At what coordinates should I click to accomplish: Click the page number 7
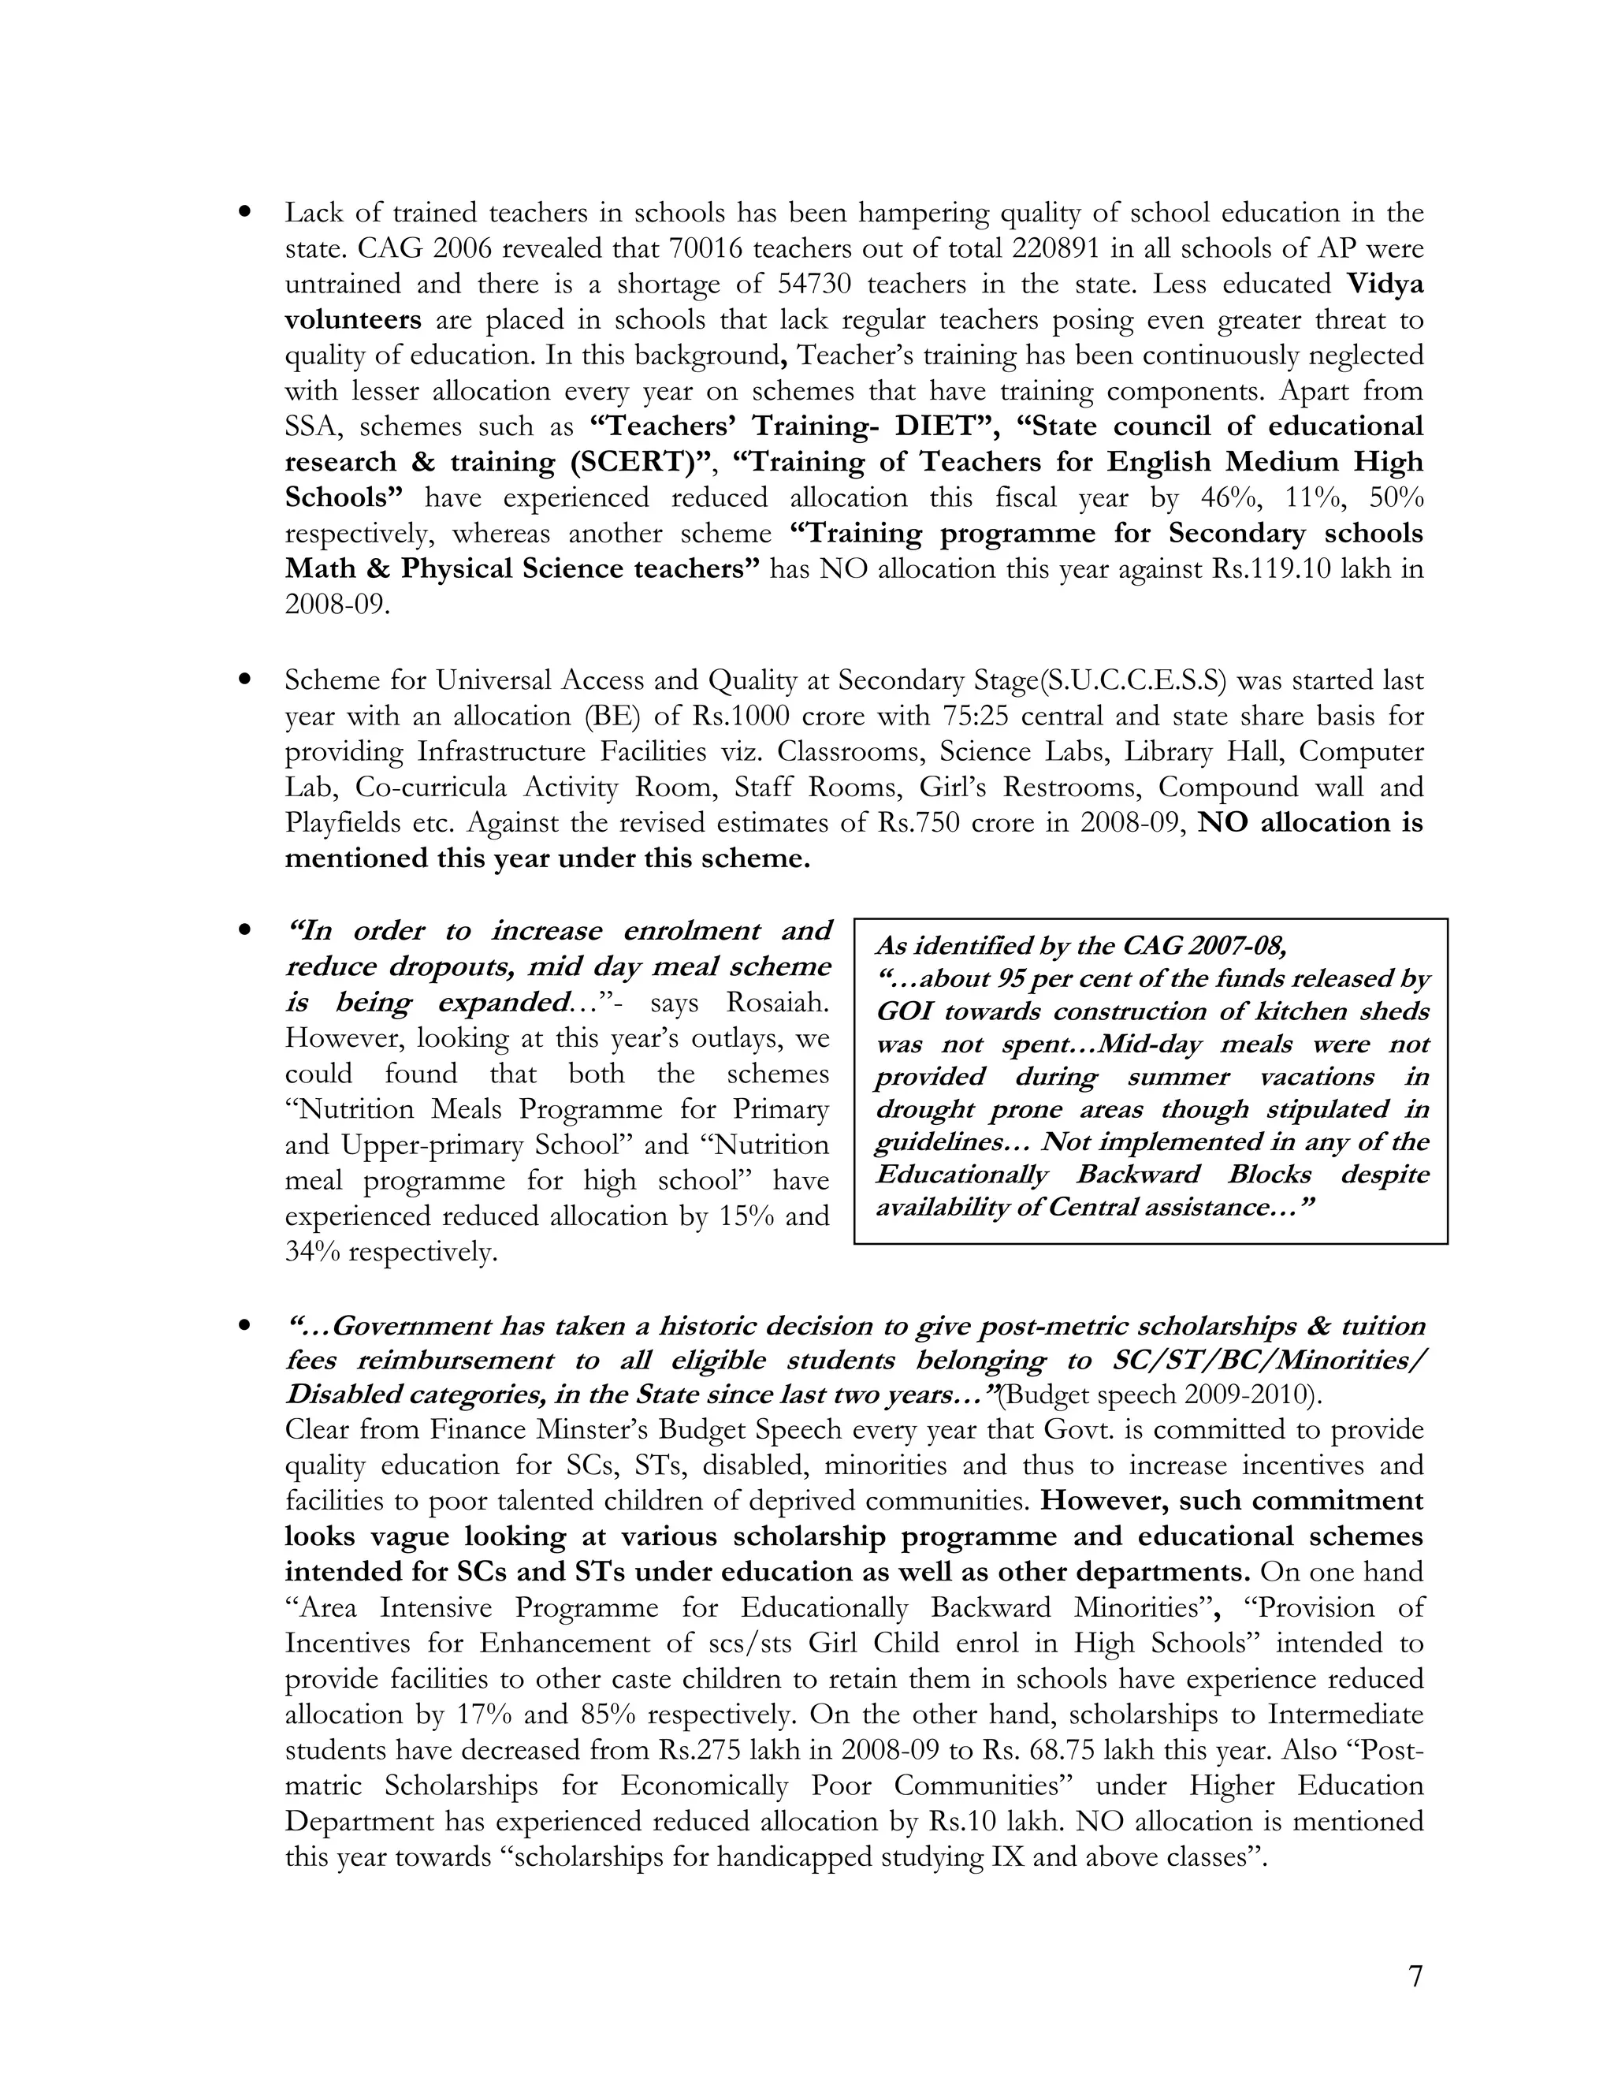click(1415, 1976)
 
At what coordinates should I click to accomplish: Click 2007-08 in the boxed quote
click(1237, 946)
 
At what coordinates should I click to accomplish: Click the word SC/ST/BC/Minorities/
click(1269, 1360)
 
